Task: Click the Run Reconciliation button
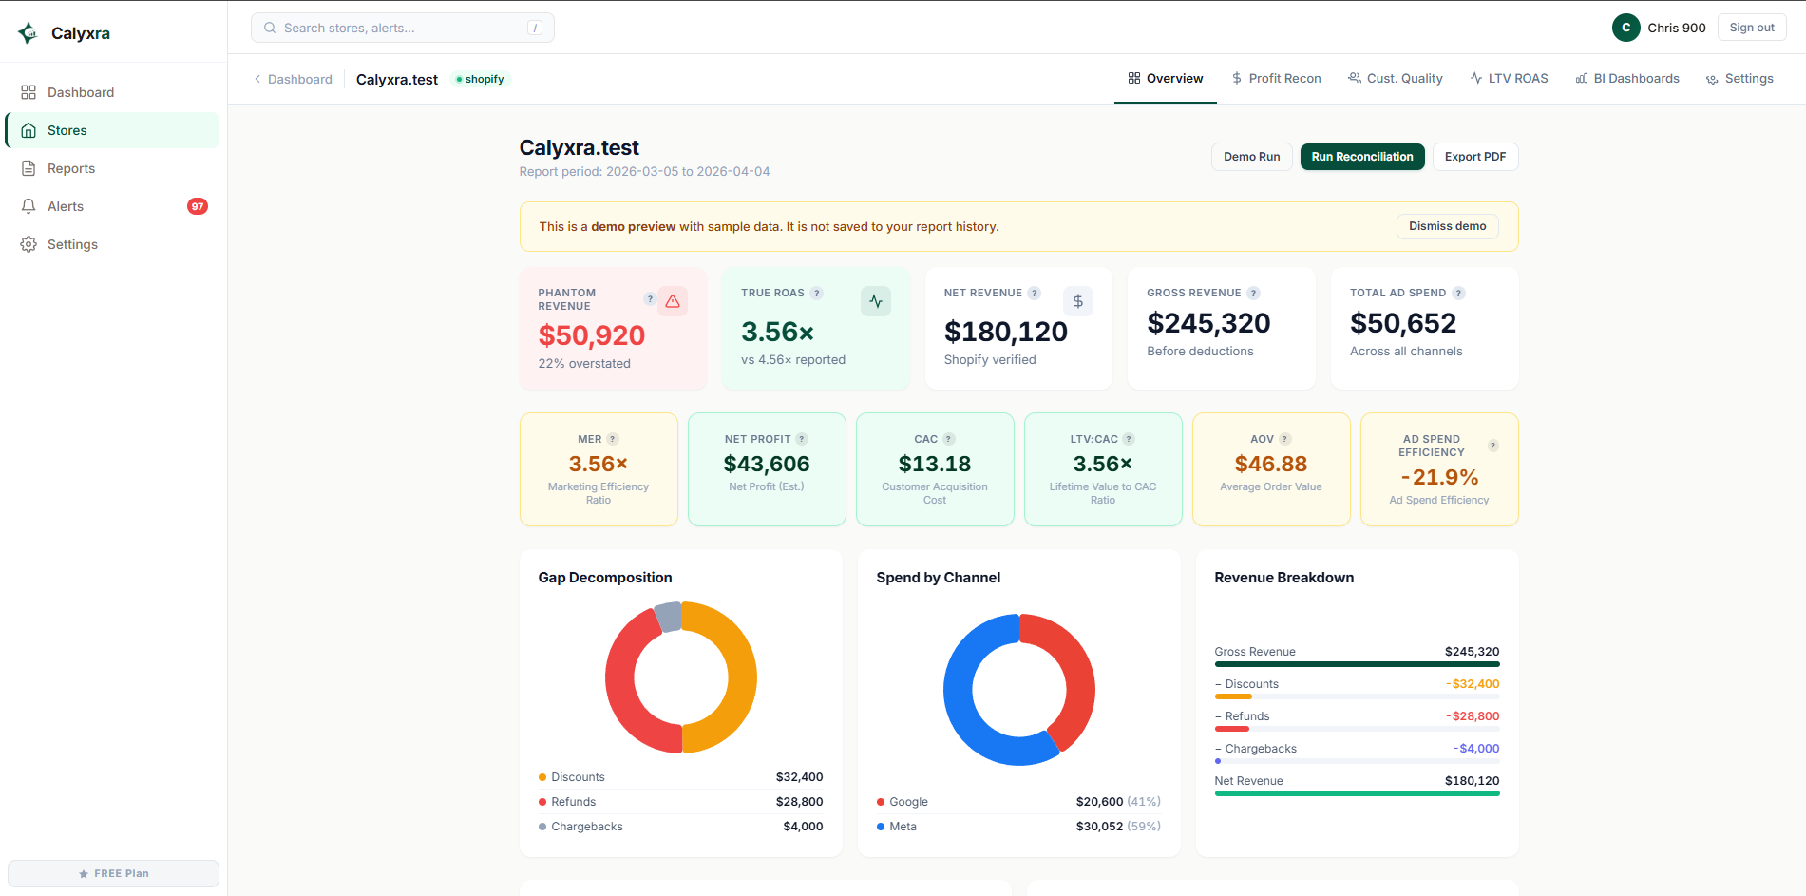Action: click(x=1361, y=157)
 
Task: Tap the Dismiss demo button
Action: click(x=1447, y=226)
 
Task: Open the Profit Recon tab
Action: click(x=1276, y=79)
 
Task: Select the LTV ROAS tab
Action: click(x=1509, y=79)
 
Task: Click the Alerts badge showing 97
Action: click(x=198, y=206)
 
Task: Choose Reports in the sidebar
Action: click(x=71, y=168)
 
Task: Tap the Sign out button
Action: click(x=1751, y=28)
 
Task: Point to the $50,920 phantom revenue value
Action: click(x=591, y=335)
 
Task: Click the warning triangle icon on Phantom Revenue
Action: click(x=673, y=301)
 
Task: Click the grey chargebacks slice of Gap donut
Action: click(x=669, y=617)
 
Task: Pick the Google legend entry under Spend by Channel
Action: click(x=908, y=802)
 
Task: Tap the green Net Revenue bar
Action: click(x=1356, y=793)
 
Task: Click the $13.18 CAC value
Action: click(x=934, y=464)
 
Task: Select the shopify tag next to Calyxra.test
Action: click(x=481, y=79)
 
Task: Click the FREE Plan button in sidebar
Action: click(x=113, y=873)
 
